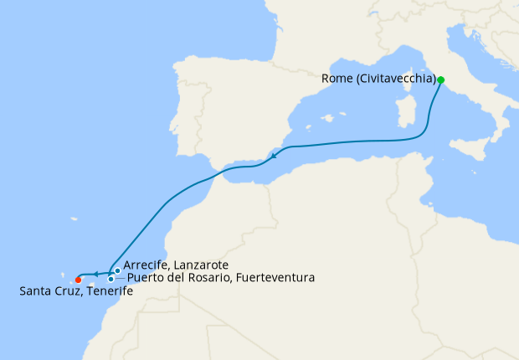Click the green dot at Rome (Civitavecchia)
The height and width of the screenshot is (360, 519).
(440, 80)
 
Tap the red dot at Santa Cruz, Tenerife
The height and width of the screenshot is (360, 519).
(78, 280)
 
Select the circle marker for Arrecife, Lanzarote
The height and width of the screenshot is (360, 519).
(117, 270)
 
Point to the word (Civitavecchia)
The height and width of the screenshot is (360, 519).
(394, 80)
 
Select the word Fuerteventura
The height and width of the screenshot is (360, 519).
(275, 277)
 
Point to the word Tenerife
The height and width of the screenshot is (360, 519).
(107, 291)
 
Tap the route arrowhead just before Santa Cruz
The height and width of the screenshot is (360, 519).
(95, 274)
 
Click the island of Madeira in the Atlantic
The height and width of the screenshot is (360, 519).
(74, 220)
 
